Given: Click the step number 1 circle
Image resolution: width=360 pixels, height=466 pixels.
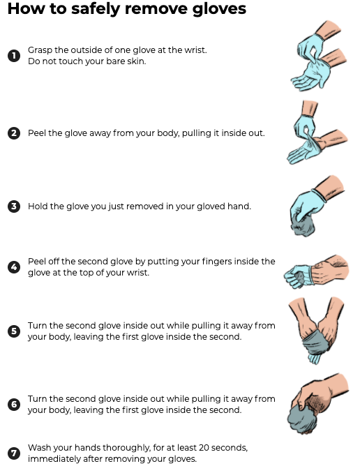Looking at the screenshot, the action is coord(14,56).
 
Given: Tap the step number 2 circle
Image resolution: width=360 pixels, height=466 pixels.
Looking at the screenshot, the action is coord(14,133).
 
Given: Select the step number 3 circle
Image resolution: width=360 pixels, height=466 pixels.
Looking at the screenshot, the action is coord(14,206).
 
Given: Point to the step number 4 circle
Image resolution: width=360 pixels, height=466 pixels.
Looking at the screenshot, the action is coord(14,267).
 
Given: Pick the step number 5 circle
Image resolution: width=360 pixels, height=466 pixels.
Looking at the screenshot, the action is coord(14,331).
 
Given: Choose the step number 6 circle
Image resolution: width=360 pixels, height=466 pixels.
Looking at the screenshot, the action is coord(14,404).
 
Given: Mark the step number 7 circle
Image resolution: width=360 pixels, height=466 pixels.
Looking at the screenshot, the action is coord(14,453).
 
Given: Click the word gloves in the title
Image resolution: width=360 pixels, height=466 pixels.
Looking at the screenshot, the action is coord(219,8).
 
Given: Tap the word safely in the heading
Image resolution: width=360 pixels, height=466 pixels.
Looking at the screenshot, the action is coord(96,9).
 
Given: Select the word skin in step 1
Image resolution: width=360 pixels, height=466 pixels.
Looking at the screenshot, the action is coord(138,61).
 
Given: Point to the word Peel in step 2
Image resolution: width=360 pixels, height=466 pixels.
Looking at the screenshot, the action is coord(37,133).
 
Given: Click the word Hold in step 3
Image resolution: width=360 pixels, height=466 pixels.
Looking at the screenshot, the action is coord(38,206).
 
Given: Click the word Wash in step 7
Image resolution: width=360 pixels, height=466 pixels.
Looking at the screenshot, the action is coord(38,448).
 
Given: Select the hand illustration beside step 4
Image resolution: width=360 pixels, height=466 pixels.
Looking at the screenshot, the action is coord(316,272).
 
